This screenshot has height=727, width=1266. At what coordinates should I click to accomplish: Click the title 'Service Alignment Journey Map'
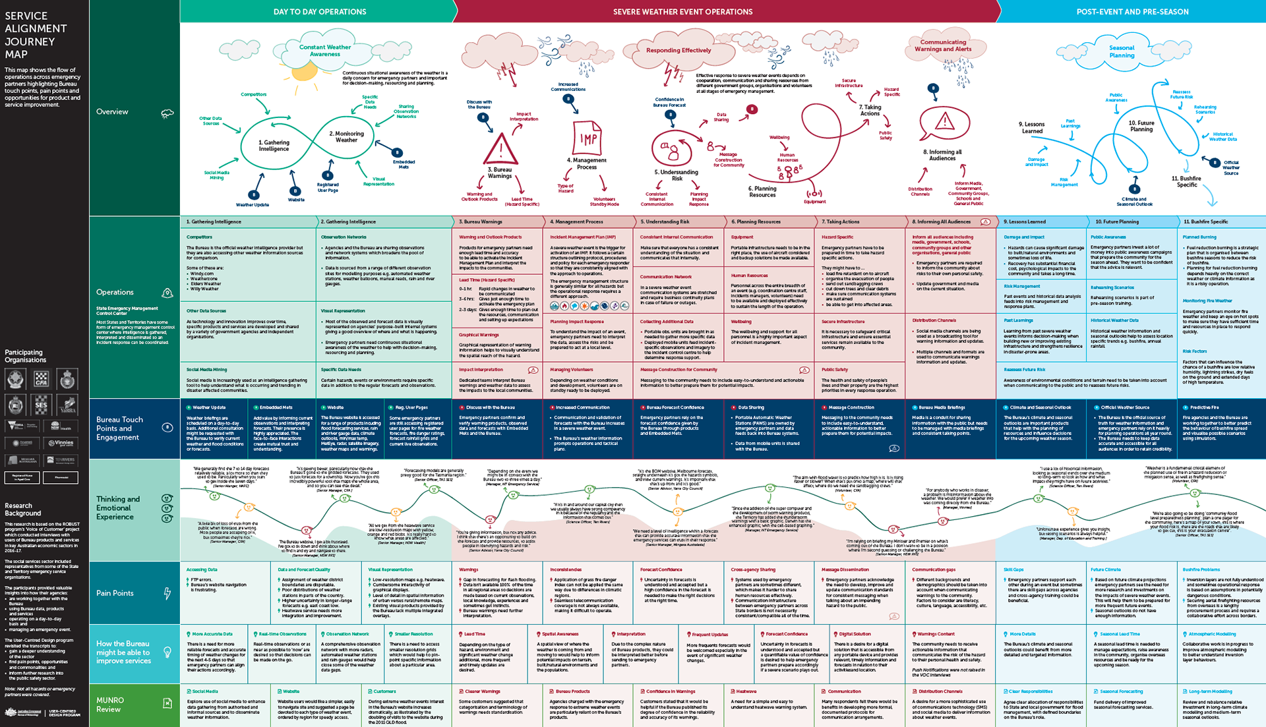36,35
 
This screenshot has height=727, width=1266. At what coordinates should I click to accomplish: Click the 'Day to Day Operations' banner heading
320,12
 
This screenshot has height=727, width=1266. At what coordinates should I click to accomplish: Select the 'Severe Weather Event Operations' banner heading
682,12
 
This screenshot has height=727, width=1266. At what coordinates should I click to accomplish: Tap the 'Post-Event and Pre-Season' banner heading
1132,12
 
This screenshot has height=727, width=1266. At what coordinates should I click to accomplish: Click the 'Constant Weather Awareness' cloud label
324,51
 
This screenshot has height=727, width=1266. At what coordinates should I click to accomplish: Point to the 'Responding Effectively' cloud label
678,50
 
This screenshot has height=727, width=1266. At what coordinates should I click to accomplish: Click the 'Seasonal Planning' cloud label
1122,51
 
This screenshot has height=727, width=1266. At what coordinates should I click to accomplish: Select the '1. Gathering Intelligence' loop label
274,146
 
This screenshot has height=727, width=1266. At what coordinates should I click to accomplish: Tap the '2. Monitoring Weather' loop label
346,136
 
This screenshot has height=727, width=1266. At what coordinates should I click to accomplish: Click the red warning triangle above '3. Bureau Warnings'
500,149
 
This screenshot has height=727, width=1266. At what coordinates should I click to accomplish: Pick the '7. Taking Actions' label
870,110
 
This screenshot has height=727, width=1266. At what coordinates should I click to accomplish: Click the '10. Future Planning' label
1141,126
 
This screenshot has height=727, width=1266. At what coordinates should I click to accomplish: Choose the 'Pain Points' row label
115,593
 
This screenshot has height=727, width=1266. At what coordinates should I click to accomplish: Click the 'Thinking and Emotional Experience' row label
118,508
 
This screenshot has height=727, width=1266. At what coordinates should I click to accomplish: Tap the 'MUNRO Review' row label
109,705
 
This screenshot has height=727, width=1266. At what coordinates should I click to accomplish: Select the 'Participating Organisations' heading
25,356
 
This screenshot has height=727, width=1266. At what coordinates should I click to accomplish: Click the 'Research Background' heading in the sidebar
22,509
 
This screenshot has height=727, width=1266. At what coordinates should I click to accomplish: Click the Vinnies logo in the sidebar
61,443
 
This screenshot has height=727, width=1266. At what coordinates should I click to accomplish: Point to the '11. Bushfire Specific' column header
1205,222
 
